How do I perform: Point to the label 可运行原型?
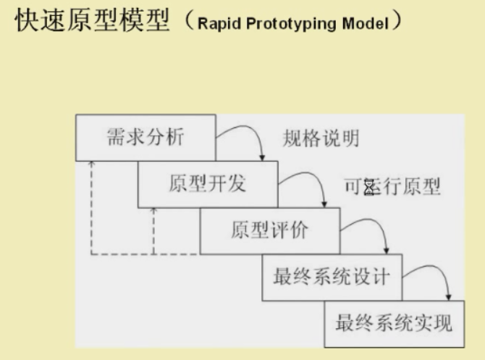(393, 187)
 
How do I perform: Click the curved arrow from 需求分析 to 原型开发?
(250, 138)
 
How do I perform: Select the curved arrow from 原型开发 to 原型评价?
(311, 185)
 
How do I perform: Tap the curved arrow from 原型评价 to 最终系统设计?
(374, 232)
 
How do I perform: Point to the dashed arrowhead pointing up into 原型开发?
(154, 211)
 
